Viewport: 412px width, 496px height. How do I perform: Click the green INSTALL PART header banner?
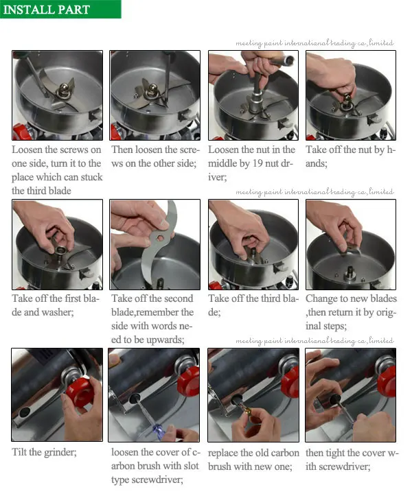(60, 9)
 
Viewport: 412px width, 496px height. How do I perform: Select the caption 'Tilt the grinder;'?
(45, 451)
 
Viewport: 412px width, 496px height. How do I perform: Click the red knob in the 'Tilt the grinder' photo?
(79, 392)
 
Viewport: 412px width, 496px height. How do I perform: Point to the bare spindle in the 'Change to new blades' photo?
(350, 272)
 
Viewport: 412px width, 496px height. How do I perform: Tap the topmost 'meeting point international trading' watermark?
(314, 43)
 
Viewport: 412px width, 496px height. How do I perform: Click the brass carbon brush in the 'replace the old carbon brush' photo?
(244, 410)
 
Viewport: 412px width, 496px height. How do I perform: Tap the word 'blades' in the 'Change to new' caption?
(383, 298)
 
